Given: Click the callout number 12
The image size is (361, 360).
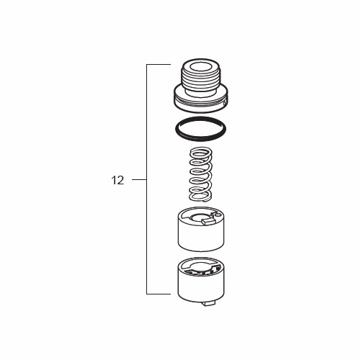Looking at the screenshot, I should tap(117, 180).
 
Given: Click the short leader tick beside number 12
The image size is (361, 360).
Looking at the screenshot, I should tap(139, 180).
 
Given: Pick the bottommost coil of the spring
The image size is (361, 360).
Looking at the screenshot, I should tap(200, 195).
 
